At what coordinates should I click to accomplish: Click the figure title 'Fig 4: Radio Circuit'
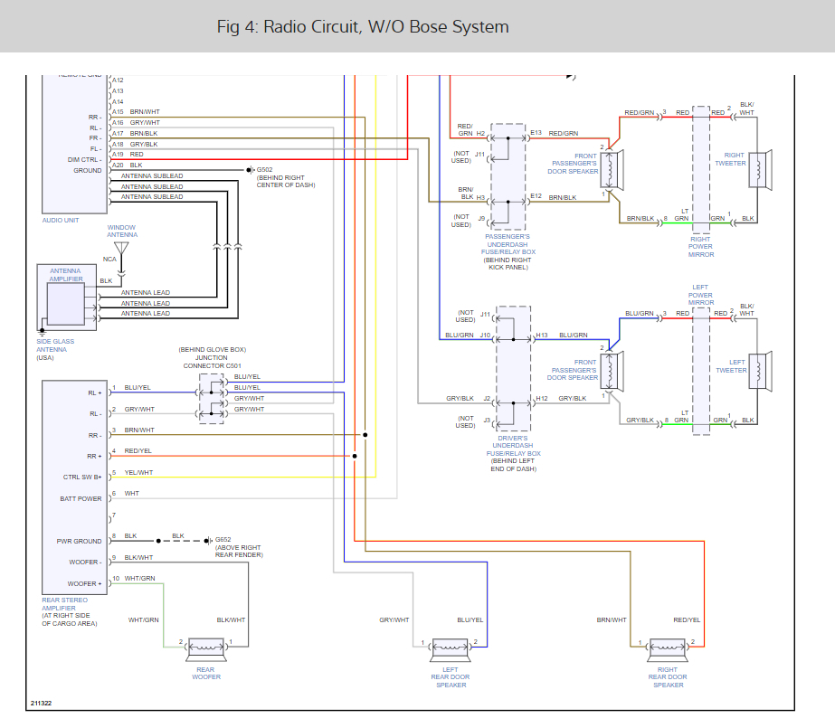point(363,27)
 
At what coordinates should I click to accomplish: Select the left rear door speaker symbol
point(451,648)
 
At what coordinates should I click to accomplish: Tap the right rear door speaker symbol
point(668,648)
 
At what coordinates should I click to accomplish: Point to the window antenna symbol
point(122,249)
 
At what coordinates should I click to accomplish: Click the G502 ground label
point(264,170)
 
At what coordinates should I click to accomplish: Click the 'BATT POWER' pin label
point(82,498)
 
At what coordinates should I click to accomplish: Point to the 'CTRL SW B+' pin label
point(82,477)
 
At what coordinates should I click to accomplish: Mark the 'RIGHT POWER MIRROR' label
point(701,247)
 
